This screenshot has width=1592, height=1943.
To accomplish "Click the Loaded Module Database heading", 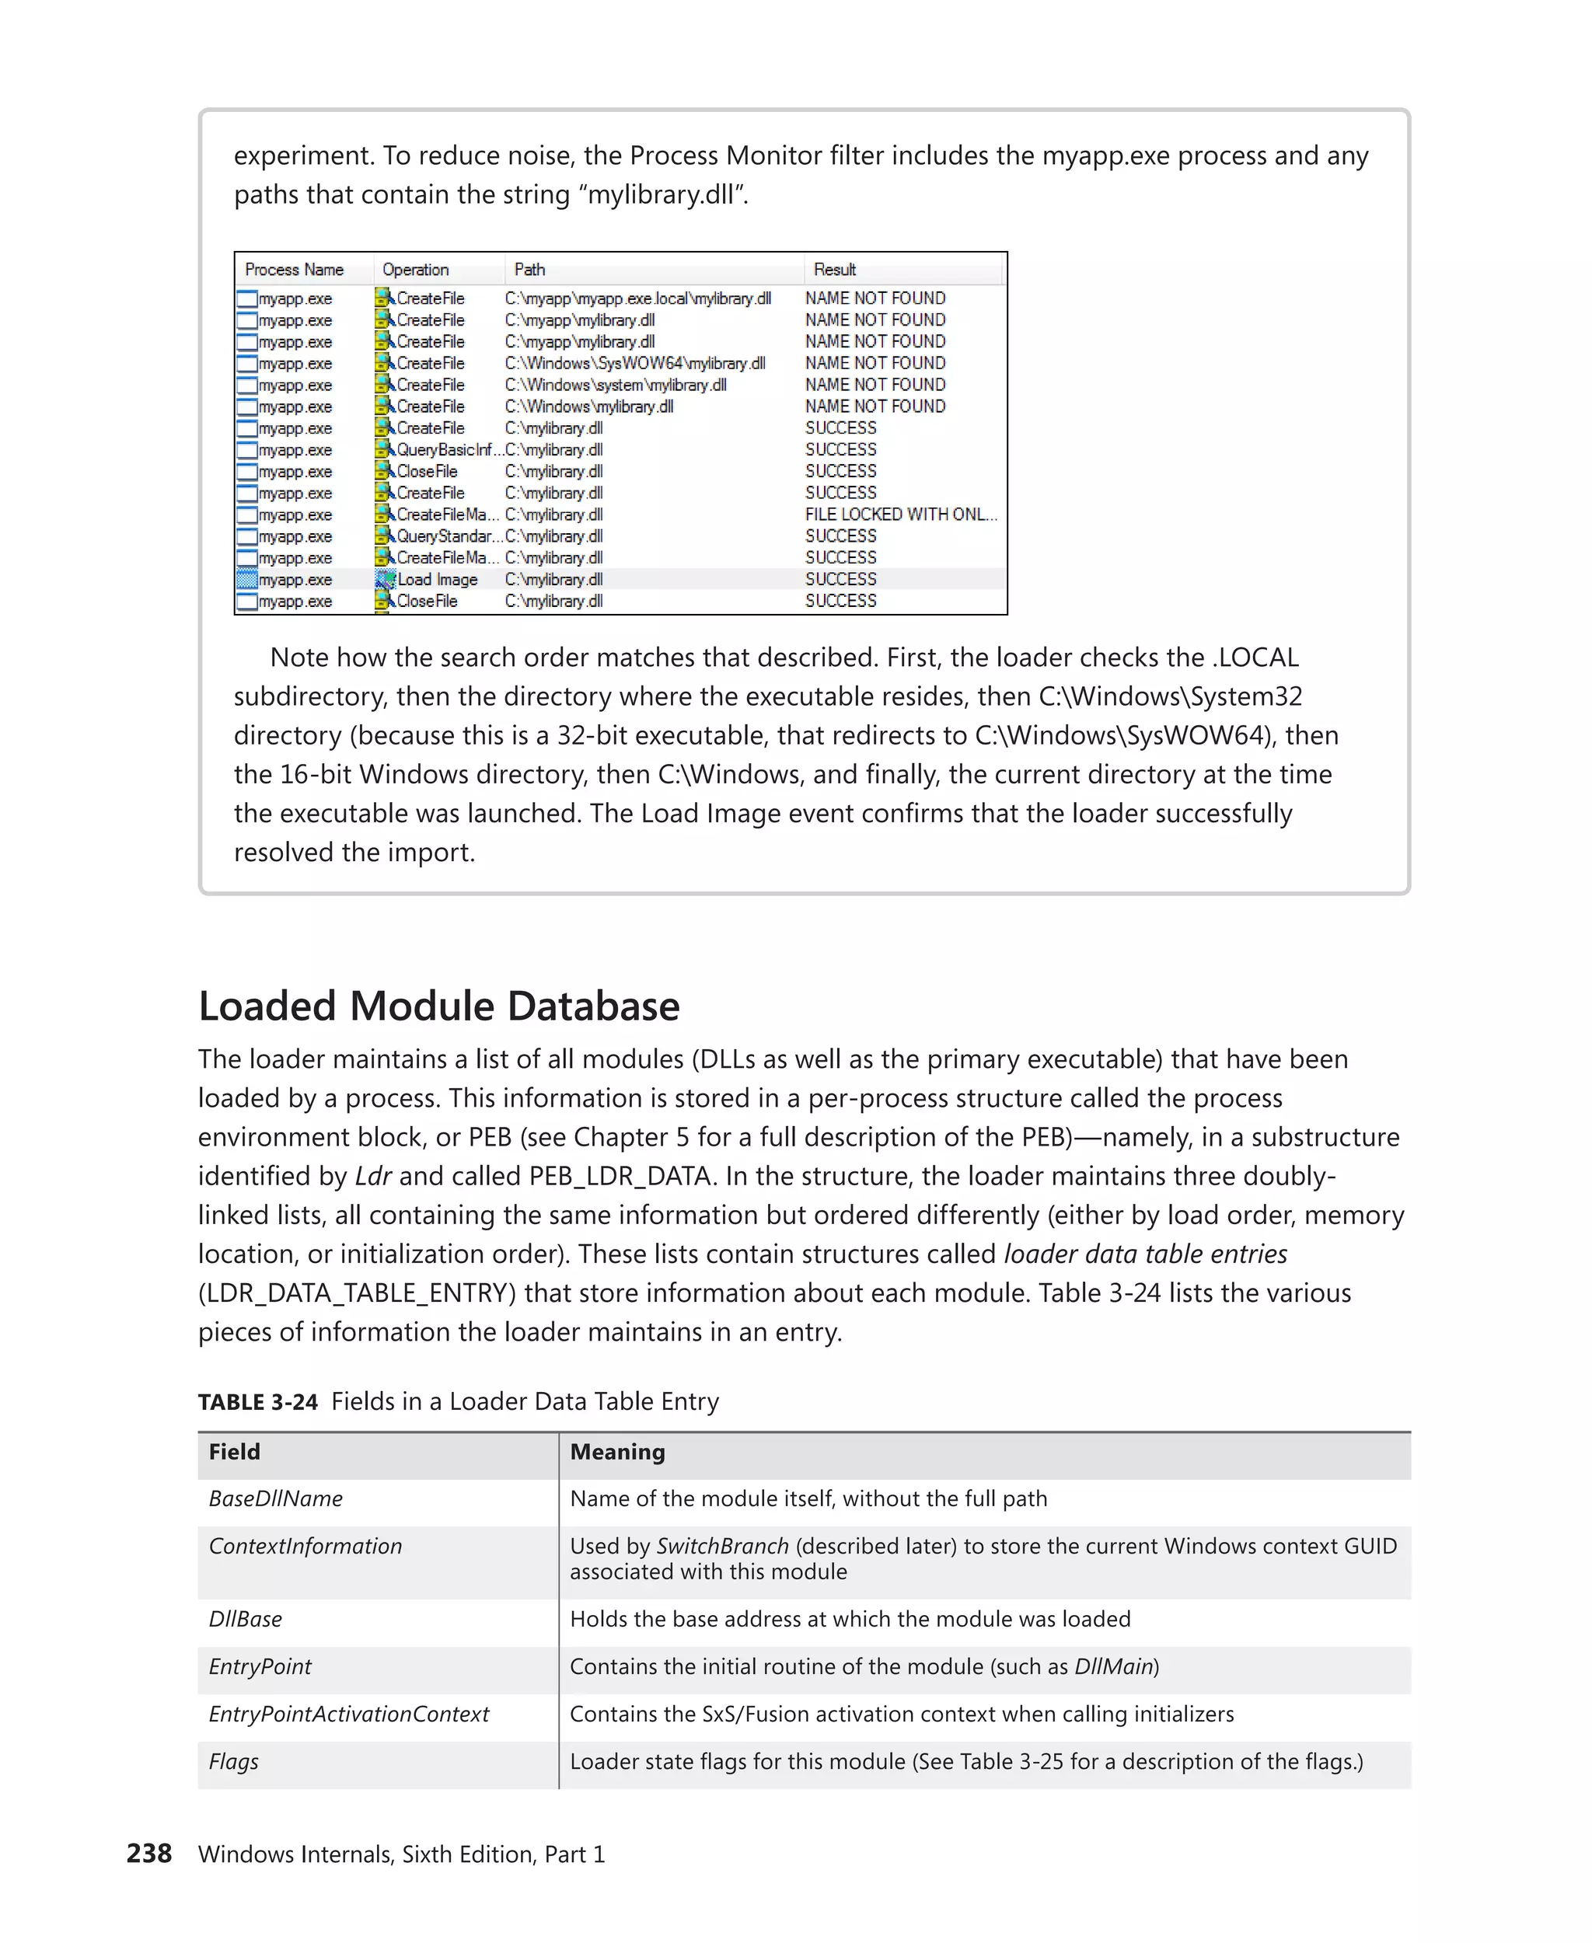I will pos(438,1006).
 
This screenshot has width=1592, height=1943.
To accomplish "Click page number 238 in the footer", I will pos(148,1853).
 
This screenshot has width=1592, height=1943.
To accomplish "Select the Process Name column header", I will pos(294,270).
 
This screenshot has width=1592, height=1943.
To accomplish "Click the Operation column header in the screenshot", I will pos(415,270).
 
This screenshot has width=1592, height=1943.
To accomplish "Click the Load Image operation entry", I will pos(437,580).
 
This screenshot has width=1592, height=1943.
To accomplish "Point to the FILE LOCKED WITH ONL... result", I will pos(900,515).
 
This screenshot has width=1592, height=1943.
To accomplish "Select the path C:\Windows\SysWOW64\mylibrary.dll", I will pos(634,363).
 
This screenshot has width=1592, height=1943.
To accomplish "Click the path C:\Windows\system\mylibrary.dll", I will pos(616,385).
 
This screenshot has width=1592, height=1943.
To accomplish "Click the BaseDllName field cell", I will pos(275,1498).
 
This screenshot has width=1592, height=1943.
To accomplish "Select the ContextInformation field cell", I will pos(305,1546).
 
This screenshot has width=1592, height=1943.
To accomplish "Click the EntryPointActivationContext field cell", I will pos(348,1714).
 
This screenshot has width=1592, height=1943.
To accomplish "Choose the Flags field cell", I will pos(233,1761).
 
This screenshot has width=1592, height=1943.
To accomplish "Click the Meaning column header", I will pos(617,1452).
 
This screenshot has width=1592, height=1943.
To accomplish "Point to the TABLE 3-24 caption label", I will pos(258,1402).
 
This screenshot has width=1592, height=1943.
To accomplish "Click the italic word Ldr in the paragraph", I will pos(372,1176).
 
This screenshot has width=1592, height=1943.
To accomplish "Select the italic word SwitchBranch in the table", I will pos(721,1546).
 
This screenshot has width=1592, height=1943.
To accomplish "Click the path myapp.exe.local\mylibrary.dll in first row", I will pos(637,298).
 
